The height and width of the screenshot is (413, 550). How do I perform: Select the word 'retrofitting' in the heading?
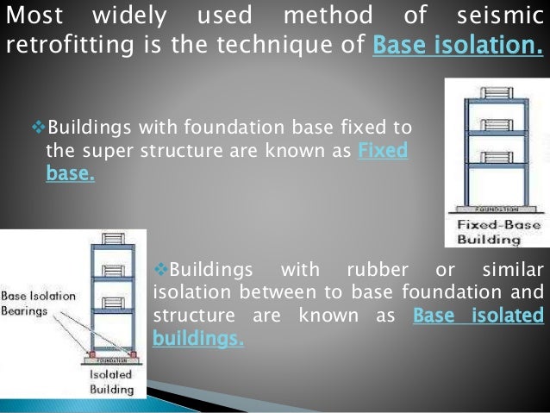click(59, 45)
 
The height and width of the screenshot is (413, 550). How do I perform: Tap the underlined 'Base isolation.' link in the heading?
click(458, 45)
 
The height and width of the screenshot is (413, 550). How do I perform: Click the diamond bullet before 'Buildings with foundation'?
click(38, 128)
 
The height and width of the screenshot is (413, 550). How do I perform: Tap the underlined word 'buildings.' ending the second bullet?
click(198, 340)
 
